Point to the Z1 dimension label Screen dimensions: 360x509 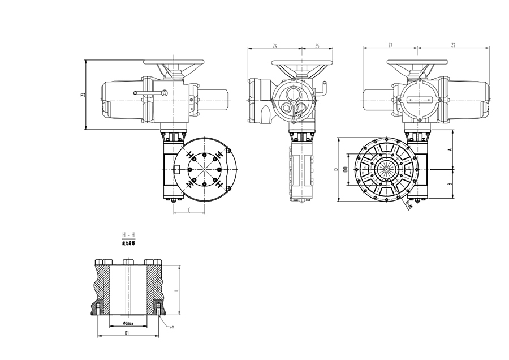click(390, 45)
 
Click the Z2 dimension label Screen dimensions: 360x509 click(454, 45)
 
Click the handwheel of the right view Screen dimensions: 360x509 click(419, 63)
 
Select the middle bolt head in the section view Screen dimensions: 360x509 click(127, 262)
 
